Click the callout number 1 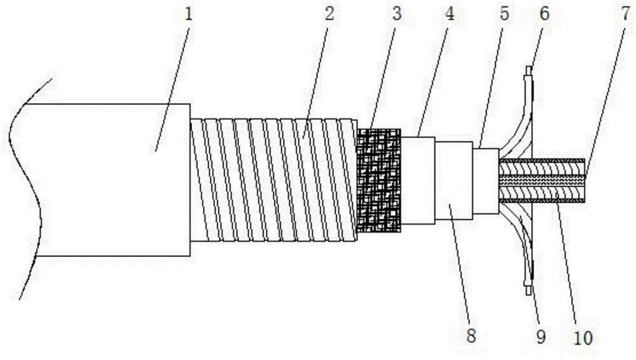coord(188,15)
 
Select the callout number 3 coord(397,15)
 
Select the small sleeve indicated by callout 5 coord(487,180)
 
